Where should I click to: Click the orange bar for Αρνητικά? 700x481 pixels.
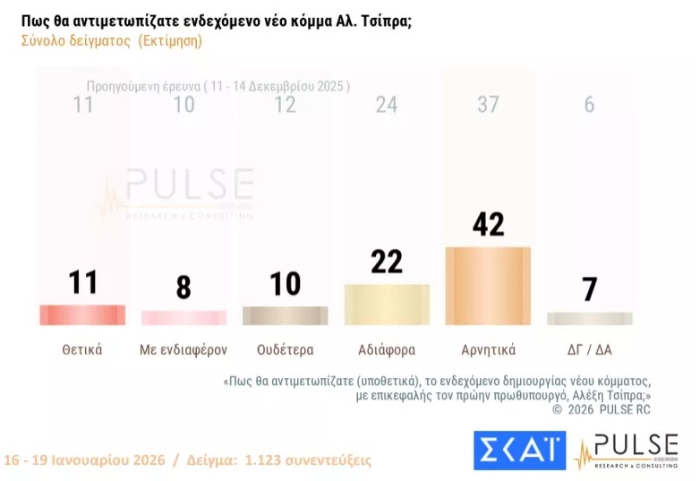click(x=488, y=286)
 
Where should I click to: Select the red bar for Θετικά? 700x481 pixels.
click(x=82, y=315)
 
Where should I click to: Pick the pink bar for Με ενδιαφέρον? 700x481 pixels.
click(x=184, y=318)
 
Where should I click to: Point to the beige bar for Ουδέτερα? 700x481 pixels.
click(x=285, y=316)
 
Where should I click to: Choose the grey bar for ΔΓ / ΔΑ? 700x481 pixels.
click(x=589, y=319)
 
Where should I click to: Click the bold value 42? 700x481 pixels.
click(x=488, y=223)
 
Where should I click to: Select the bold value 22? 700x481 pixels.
click(x=387, y=261)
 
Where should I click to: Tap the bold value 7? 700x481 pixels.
click(x=589, y=289)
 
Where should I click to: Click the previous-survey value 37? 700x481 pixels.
click(x=488, y=105)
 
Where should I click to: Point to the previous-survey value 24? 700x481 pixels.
click(x=387, y=105)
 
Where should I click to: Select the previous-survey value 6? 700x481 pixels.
click(x=589, y=105)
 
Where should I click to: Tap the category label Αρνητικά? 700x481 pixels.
click(x=488, y=349)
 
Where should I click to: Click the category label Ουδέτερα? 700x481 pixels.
click(x=285, y=349)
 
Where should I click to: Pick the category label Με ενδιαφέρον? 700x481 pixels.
click(x=184, y=349)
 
